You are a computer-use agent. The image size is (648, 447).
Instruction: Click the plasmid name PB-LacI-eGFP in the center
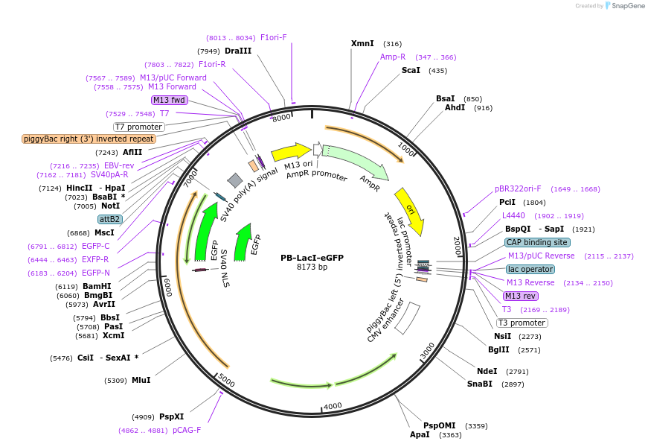[x=312, y=258]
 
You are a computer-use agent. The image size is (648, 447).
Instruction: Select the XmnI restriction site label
[x=362, y=43]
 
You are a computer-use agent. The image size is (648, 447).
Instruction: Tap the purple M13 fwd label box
[x=169, y=100]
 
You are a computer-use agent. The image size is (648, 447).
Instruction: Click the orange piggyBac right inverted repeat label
[x=89, y=139]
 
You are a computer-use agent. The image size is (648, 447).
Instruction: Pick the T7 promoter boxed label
[x=138, y=127]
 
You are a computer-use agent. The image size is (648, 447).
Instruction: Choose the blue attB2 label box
[x=109, y=219]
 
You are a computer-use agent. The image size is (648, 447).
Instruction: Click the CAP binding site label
[x=537, y=242]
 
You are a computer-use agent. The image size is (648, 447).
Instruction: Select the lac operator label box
[x=530, y=269]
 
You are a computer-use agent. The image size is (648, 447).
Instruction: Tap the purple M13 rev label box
[x=520, y=296]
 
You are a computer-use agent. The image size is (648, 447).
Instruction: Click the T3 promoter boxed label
[x=521, y=323]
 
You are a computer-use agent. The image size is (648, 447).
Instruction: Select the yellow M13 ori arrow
[x=291, y=152]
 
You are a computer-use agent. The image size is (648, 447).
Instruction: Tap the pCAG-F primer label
[x=187, y=430]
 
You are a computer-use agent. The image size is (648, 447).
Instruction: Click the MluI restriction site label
[x=141, y=380]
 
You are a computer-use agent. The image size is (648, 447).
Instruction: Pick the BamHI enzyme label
[x=97, y=286]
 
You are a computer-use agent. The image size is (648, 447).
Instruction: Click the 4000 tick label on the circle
[x=332, y=405]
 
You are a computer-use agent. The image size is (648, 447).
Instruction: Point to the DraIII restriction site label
[x=238, y=51]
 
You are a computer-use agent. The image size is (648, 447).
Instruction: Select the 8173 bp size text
[x=312, y=267]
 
